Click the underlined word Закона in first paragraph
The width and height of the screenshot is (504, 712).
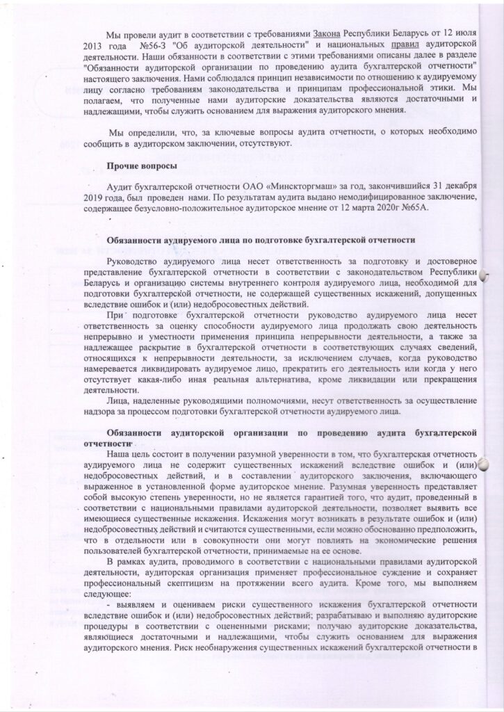326,34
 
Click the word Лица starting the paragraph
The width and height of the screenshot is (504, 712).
119,401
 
